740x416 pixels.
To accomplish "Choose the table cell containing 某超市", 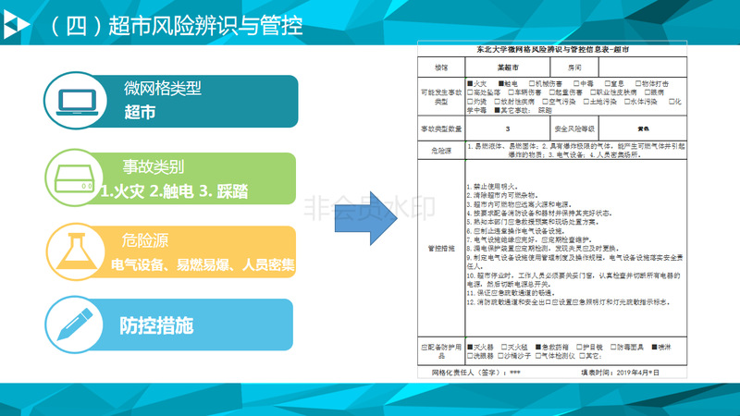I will tap(506, 67).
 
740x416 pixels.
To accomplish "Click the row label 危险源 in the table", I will tap(440, 148).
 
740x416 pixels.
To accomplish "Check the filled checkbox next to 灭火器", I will tap(470, 348).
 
